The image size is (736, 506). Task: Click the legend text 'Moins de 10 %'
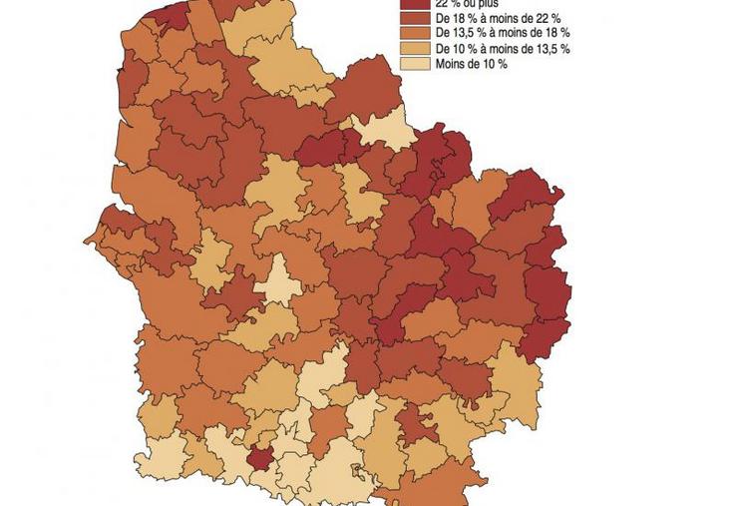472,64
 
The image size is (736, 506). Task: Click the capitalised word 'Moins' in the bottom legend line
451,64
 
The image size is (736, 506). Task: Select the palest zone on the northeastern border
383,133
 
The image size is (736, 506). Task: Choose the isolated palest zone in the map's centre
278,280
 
